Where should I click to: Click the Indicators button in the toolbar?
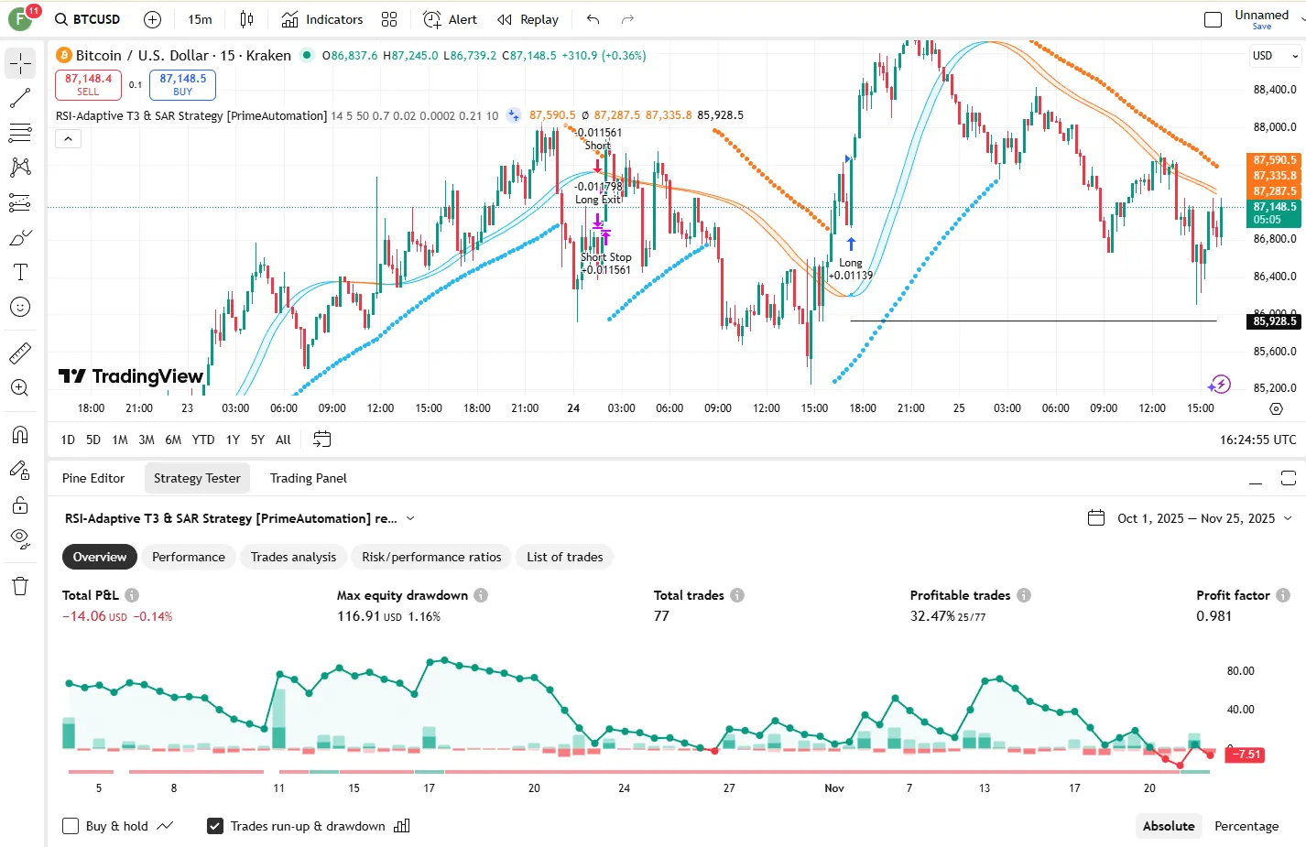point(322,19)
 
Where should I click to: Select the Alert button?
point(451,19)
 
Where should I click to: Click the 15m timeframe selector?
point(200,19)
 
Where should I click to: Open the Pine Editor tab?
point(93,478)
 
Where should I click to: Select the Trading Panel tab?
point(308,478)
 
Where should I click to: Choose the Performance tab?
point(188,557)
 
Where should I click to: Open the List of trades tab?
point(564,557)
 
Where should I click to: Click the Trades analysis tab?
point(293,557)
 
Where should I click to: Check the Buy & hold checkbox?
point(71,826)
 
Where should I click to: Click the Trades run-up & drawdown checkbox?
point(215,826)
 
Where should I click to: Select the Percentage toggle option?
point(1246,826)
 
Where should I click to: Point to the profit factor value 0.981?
point(1213,616)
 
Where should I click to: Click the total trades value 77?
point(661,616)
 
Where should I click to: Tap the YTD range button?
point(203,440)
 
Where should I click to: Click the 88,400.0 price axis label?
point(1274,90)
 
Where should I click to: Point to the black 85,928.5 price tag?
point(1274,321)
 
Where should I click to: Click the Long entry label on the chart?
point(851,263)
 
